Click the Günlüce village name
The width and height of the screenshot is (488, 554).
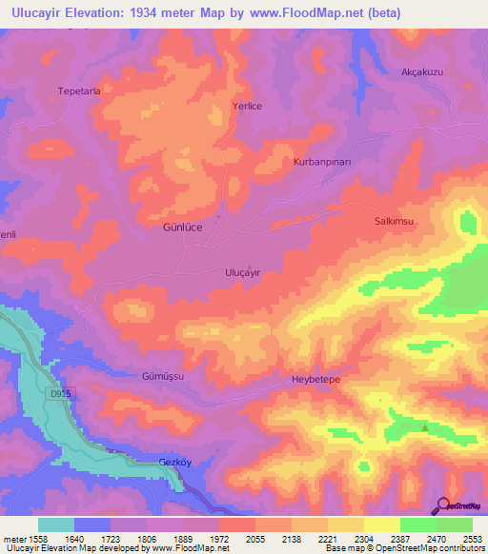[x=183, y=229]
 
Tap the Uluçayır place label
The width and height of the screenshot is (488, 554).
[x=242, y=271]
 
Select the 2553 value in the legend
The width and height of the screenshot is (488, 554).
[x=473, y=540]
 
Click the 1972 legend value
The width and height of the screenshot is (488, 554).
[x=219, y=540]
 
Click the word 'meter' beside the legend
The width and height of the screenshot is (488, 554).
[x=13, y=540]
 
